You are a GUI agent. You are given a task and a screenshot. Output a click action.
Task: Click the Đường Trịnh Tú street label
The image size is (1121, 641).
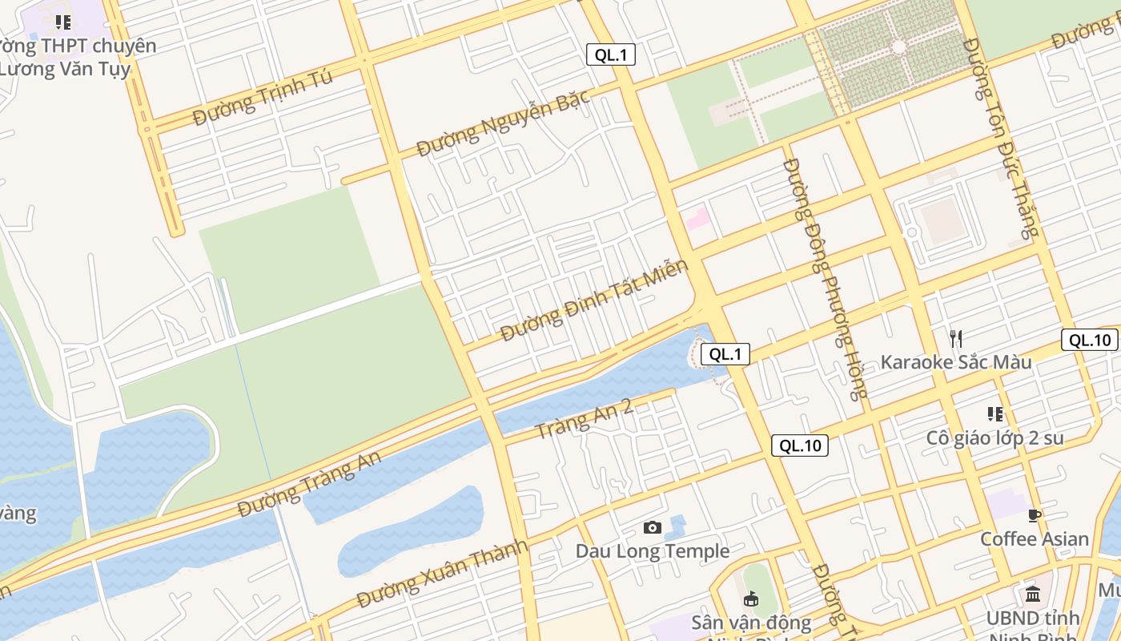(263, 99)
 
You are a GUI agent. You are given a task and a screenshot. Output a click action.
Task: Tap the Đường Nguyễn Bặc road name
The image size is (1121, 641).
(503, 123)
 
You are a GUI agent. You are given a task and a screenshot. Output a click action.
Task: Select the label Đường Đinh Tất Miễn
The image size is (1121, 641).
(594, 300)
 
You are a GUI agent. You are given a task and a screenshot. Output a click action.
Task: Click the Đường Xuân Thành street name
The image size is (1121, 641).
(443, 574)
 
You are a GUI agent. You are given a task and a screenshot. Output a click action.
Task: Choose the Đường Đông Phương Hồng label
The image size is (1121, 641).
(826, 278)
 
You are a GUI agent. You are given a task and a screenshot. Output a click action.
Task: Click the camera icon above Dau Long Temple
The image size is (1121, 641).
(653, 527)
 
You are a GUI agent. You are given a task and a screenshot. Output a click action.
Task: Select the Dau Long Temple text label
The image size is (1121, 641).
(653, 551)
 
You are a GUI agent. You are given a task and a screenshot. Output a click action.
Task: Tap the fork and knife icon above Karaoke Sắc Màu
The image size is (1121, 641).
(955, 338)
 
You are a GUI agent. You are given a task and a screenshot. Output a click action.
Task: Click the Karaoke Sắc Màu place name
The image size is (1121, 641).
(956, 362)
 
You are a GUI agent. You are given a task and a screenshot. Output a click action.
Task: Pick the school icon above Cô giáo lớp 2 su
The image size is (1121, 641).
(995, 414)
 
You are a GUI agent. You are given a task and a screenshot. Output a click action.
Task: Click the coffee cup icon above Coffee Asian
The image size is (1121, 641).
(1035, 514)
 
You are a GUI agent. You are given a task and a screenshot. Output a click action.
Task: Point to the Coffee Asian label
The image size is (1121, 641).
(1035, 539)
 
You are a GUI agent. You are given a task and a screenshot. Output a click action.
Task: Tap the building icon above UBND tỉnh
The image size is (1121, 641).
(1033, 595)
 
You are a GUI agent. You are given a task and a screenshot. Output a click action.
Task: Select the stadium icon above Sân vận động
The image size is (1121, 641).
(751, 599)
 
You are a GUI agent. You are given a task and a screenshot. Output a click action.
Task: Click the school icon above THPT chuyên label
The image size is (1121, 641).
(63, 22)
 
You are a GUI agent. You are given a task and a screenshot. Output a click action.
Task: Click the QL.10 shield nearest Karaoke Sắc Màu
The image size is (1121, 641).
(1090, 340)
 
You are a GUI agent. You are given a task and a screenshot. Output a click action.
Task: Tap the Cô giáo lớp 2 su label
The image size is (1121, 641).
(995, 438)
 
